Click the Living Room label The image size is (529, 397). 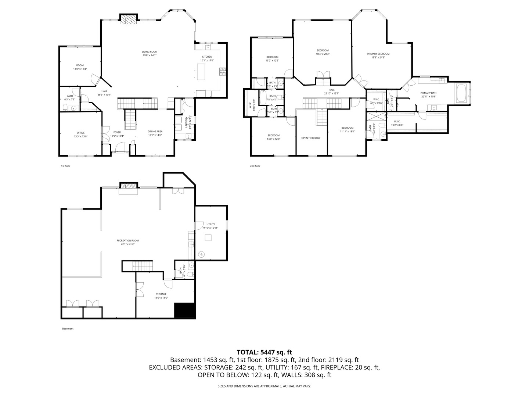tap(150, 52)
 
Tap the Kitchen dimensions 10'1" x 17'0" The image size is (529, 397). tap(207, 61)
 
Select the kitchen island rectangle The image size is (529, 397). tap(201, 71)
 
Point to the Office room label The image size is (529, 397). tap(81, 133)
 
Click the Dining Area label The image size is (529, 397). tap(155, 131)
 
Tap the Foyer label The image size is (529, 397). tap(117, 132)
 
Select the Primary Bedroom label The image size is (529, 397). tap(378, 54)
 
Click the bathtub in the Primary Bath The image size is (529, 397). tap(461, 93)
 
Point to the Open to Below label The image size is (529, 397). tap(311, 138)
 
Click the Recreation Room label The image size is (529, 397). tap(128, 240)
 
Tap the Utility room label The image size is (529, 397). tap(210, 224)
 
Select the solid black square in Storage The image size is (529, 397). tap(184, 311)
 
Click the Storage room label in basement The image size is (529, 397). tap(161, 294)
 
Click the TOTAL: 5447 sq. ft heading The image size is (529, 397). tap(264, 352)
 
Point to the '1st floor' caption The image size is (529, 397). tap(65, 166)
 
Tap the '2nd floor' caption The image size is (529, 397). tap(255, 166)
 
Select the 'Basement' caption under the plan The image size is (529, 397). tap(68, 329)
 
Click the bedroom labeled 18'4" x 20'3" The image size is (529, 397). tap(323, 50)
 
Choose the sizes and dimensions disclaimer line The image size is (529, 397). tap(264, 386)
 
